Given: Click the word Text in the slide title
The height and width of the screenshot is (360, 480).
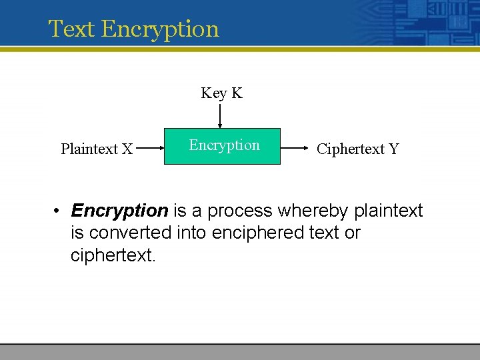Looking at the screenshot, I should pos(73,29).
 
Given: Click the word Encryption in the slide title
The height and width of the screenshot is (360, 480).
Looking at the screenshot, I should pos(161,29).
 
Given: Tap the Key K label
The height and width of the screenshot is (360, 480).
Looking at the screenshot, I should pos(221,93).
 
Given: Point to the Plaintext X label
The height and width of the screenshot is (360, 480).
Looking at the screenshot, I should pos(97,149).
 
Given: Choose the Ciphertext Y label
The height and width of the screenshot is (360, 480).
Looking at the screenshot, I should pos(357,149).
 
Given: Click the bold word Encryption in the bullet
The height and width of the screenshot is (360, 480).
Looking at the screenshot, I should pos(119,211).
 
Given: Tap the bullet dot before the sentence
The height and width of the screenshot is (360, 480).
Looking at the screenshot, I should pos(59,211).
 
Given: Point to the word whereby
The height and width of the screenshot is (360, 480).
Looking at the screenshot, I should pos(313,211).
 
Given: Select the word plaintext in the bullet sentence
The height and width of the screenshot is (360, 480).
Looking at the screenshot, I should pos(388,211).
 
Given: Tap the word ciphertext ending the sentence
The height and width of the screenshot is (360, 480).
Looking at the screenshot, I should pos(112,255).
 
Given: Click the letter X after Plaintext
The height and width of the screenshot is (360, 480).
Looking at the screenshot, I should pos(127,149).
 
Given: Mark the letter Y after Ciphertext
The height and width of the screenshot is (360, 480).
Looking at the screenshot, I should pos(393,149).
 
